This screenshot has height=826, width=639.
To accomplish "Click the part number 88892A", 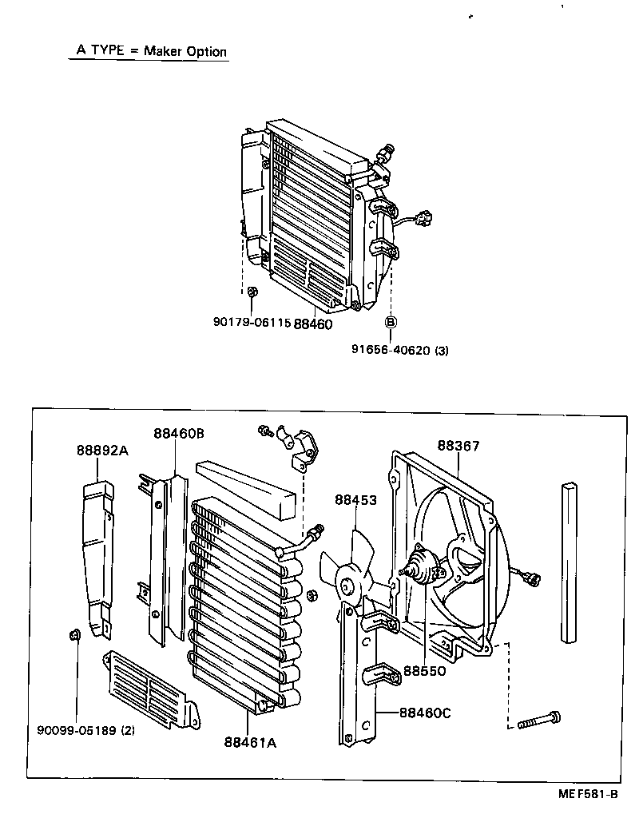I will coord(102,450).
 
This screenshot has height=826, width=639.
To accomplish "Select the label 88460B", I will coord(179,433).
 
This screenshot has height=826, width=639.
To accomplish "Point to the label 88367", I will coord(458,446).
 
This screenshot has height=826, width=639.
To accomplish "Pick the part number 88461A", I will coord(250,742).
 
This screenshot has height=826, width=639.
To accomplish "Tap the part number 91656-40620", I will coord(391,349).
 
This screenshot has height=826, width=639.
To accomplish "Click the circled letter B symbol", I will coord(391,323).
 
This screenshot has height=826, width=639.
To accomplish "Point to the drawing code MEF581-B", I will coord(588,795).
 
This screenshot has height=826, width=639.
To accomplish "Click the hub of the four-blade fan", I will coord(347,586).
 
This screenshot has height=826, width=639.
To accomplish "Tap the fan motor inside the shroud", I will coord(422,570).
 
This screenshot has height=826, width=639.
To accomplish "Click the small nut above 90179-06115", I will coord(252,292).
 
